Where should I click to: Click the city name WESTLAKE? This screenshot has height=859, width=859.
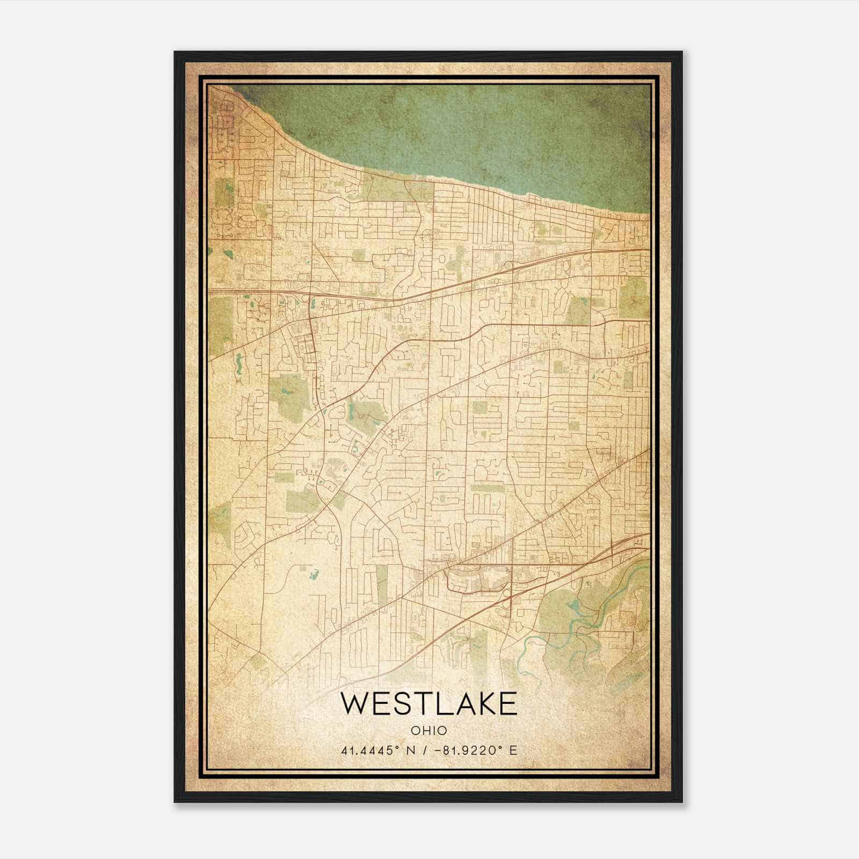click(x=429, y=704)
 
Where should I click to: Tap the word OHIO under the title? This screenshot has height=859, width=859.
click(x=429, y=731)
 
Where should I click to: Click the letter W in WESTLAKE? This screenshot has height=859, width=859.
click(x=354, y=704)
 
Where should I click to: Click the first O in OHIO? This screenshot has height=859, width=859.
click(x=415, y=731)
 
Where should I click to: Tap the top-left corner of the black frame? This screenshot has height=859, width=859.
click(x=176, y=53)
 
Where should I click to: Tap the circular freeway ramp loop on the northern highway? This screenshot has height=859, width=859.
click(x=506, y=265)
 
